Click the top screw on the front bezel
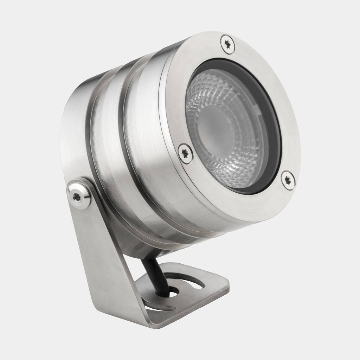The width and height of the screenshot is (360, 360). (x=228, y=44)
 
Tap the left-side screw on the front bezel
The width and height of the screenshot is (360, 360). (x=185, y=154)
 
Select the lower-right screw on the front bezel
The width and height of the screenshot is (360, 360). (x=288, y=180)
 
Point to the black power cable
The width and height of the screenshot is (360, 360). (x=155, y=274)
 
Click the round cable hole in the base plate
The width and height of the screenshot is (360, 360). (x=173, y=291)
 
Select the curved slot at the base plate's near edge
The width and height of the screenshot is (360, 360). (x=160, y=306)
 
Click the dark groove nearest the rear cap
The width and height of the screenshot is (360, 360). (x=88, y=141)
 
